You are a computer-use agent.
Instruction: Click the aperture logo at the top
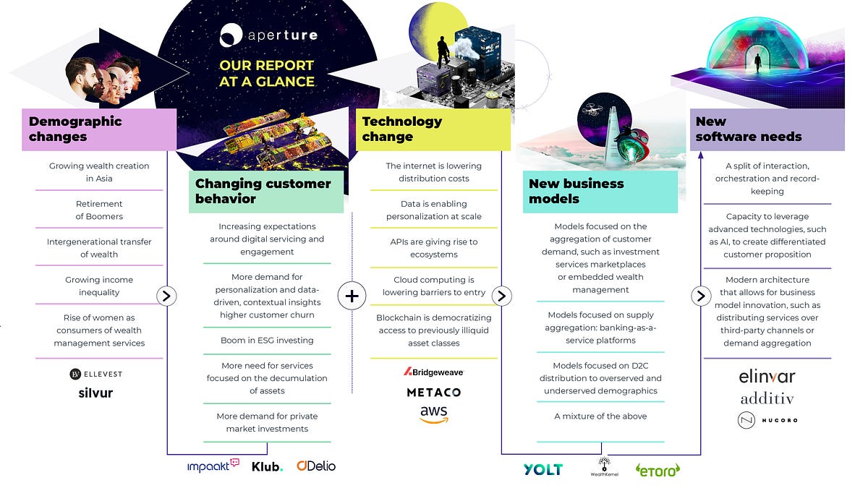coord(268,35)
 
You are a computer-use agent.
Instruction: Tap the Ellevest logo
coord(96,374)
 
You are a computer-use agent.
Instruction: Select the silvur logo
coord(95,393)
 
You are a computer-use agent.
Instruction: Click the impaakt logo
coord(213,465)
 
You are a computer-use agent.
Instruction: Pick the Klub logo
coord(268,467)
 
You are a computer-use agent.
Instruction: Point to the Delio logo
coord(316,466)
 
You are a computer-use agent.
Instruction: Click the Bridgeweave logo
coord(433,372)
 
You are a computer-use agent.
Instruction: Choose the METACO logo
coord(434,393)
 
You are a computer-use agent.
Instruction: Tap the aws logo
coord(434,414)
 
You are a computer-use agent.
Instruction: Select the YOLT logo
coord(543,469)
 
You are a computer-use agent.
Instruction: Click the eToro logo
coord(658,470)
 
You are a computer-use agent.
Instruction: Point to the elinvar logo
coord(767,377)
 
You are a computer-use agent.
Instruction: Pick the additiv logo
coord(767,398)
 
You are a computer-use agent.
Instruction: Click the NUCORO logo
coord(767,420)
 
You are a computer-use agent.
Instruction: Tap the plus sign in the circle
coord(352,296)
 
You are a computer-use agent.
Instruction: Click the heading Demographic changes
coord(75,129)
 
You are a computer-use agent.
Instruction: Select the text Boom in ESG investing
coord(267,340)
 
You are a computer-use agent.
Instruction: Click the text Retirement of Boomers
coord(99,210)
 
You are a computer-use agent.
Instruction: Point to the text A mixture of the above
coord(600,416)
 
